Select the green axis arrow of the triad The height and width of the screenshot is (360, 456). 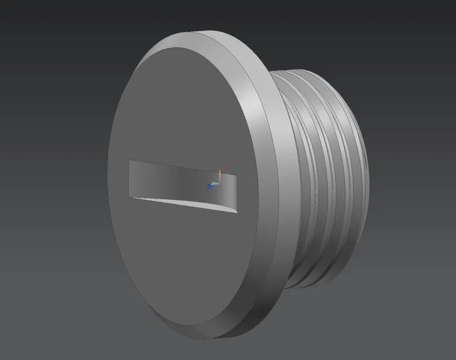point(214,184)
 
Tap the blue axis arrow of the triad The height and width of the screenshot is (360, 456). point(209,186)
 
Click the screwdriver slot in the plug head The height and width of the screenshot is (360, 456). point(181,184)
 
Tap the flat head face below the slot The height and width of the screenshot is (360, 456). point(184,271)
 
